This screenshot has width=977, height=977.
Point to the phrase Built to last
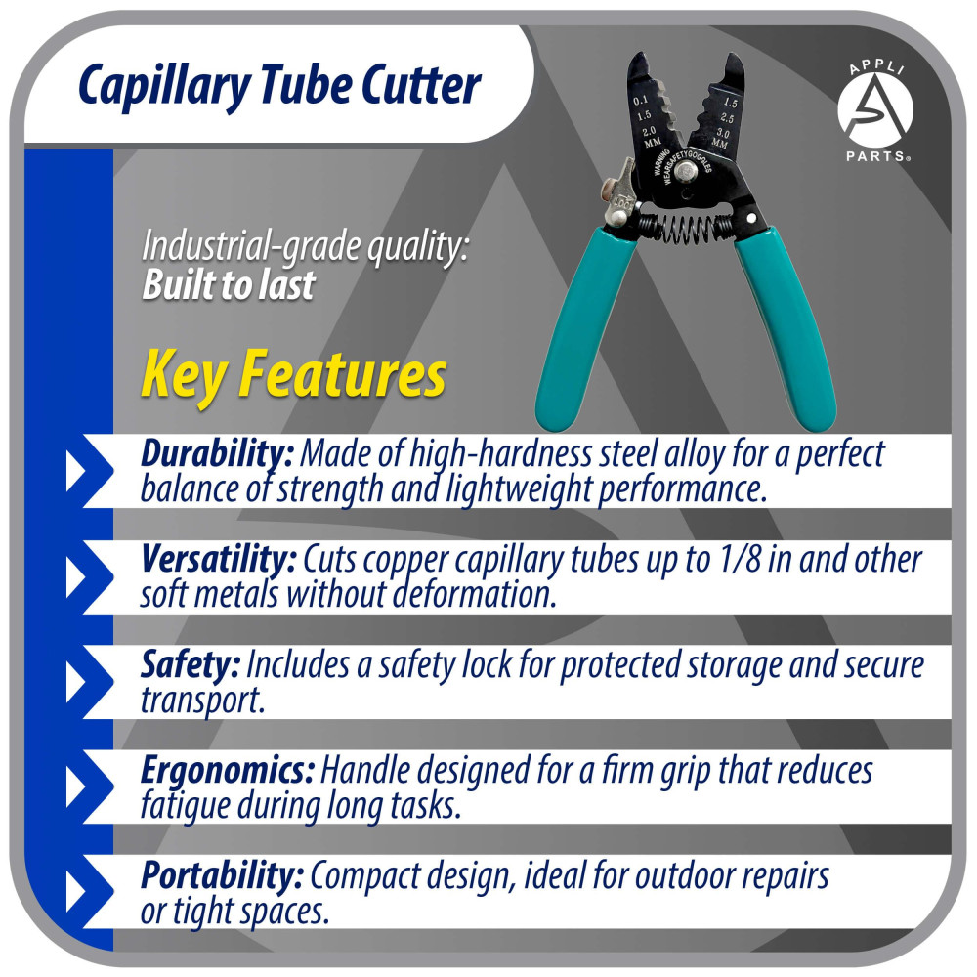(229, 284)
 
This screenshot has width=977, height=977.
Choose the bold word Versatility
(219, 560)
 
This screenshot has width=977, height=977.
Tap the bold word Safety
(190, 665)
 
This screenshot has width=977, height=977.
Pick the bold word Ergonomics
(227, 771)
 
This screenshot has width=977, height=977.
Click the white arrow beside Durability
(78, 472)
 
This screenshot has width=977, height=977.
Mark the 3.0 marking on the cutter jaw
(724, 132)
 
